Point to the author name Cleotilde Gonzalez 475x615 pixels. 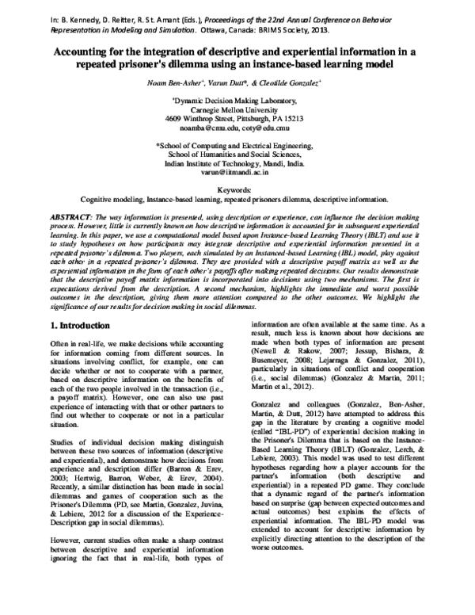tap(298, 82)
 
